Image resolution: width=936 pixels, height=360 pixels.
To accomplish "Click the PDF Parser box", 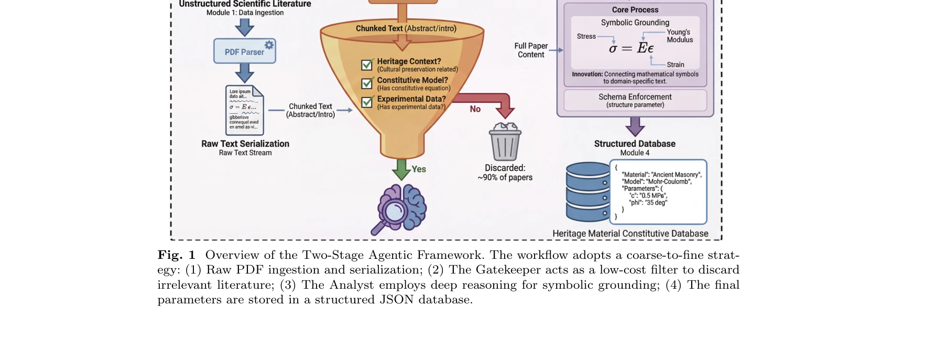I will pyautogui.click(x=244, y=51).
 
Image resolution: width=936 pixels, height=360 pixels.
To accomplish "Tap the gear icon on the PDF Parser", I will pyautogui.click(x=269, y=45).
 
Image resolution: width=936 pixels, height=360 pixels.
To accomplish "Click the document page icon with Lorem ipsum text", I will pyautogui.click(x=244, y=110).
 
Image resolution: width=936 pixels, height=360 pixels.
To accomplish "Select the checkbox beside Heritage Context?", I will pyautogui.click(x=367, y=65).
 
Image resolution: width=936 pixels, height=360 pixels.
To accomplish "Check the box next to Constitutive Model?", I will pyautogui.click(x=367, y=83).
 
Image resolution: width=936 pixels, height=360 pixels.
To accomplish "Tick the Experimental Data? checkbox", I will pyautogui.click(x=367, y=102).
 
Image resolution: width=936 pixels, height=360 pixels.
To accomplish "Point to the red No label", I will pyautogui.click(x=475, y=109).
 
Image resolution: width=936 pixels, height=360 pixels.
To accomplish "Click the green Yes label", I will pyautogui.click(x=419, y=169).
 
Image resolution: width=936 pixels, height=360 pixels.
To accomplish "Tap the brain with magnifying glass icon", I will pyautogui.click(x=401, y=209).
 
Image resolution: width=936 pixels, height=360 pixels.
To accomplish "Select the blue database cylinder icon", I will pyautogui.click(x=588, y=192).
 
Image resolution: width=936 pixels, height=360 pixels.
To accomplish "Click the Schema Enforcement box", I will pyautogui.click(x=635, y=100).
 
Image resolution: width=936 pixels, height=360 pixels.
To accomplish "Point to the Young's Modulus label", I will pyautogui.click(x=679, y=36).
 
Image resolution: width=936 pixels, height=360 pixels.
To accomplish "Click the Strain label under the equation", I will pyautogui.click(x=676, y=64).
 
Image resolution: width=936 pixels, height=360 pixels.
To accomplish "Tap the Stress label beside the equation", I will pyautogui.click(x=586, y=36).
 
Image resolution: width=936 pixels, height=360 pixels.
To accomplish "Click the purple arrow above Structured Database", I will pyautogui.click(x=635, y=126).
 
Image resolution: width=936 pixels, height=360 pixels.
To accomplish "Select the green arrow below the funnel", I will pyautogui.click(x=401, y=169).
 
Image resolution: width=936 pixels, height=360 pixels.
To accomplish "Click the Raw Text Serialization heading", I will pyautogui.click(x=245, y=144).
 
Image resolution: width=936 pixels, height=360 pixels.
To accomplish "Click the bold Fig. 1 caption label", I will pyautogui.click(x=177, y=255).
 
